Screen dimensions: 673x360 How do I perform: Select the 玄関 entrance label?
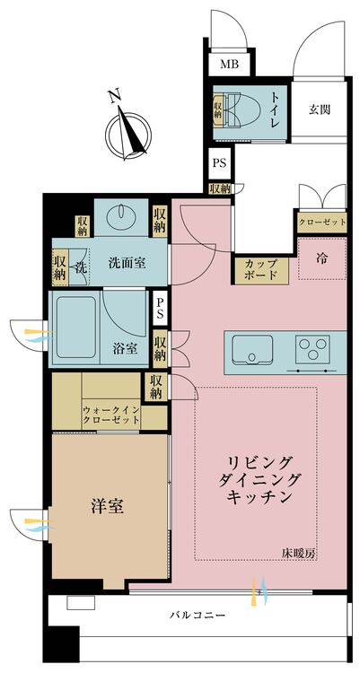tap(320, 110)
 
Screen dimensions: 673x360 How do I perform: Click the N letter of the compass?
tap(113, 97)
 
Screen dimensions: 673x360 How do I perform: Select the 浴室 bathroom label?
tap(125, 349)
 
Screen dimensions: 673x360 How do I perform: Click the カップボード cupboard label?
tap(259, 269)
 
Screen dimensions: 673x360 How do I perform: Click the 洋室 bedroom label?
tap(109, 506)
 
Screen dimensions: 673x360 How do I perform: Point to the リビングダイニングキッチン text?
tap(259, 479)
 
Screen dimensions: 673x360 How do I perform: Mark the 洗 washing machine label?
tap(80, 266)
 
